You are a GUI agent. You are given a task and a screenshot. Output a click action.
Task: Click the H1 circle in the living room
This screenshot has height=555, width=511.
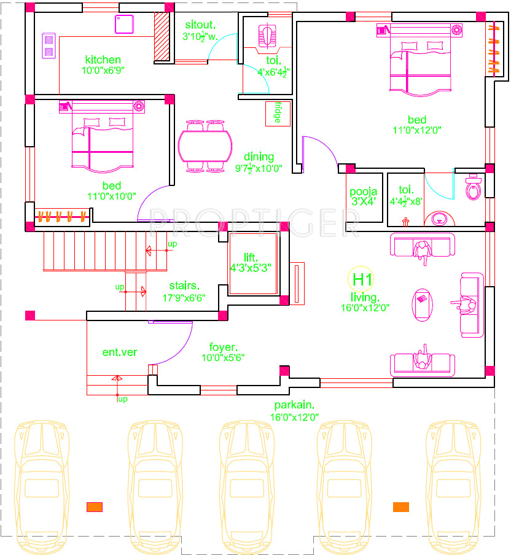[361, 280]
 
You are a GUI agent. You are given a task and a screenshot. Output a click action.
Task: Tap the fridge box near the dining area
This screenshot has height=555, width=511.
[278, 114]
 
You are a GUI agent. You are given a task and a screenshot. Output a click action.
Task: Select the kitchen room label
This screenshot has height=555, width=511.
[103, 60]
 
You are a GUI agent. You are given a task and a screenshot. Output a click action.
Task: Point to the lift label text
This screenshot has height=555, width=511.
[250, 257]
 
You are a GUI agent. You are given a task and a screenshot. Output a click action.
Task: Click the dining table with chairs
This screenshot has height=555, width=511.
[205, 146]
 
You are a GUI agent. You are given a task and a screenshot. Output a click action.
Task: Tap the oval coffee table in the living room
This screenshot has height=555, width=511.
[423, 303]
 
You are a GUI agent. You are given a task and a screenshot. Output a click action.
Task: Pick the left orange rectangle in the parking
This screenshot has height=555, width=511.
[95, 507]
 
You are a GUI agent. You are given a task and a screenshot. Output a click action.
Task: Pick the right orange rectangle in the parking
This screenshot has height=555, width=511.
[401, 507]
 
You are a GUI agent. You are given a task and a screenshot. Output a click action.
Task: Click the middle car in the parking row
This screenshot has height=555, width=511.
[246, 479]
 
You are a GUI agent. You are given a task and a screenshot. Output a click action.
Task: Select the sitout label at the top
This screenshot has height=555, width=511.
[200, 25]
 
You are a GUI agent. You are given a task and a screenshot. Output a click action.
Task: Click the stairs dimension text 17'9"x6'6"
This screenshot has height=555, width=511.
[184, 297]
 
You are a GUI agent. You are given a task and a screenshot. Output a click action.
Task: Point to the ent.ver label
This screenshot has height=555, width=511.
[120, 352]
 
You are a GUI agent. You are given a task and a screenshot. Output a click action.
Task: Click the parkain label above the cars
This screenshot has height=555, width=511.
[294, 405]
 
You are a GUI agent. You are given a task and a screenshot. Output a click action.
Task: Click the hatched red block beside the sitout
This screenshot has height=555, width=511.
[162, 36]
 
